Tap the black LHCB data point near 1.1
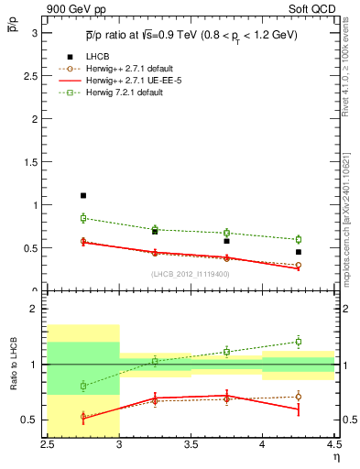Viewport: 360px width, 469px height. (83, 195)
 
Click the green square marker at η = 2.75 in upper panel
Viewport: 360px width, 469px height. (83, 218)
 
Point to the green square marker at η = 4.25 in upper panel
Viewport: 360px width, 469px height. (298, 239)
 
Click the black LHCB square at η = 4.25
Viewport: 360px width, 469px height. (298, 252)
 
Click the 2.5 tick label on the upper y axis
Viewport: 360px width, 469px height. (33, 76)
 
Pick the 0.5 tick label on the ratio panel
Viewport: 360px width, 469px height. (33, 420)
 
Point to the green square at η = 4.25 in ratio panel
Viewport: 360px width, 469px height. (298, 342)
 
